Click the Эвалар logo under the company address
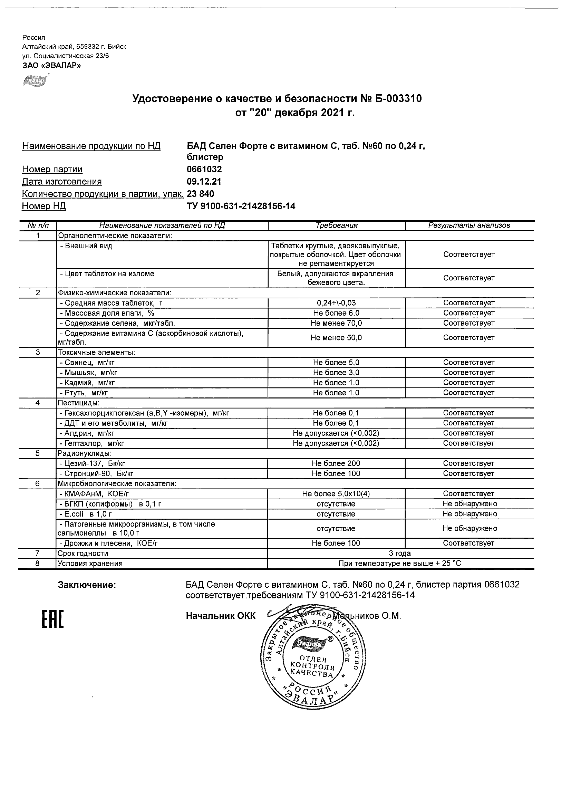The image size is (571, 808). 35,80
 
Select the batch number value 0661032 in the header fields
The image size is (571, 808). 204,169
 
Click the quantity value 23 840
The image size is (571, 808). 200,194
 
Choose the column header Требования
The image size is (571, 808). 336,225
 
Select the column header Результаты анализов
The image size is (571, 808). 469,225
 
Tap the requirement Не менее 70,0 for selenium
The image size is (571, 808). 336,323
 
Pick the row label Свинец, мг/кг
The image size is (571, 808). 87,363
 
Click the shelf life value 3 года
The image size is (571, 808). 400,553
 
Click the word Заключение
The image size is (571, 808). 87,585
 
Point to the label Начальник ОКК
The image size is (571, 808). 221,616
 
